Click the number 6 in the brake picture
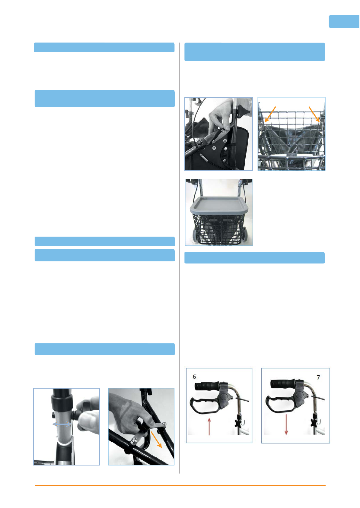[194, 377]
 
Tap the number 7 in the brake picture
[318, 377]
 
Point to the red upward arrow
[209, 427]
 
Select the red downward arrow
[286, 424]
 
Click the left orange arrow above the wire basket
[270, 114]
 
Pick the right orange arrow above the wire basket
[314, 114]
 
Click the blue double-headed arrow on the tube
[62, 424]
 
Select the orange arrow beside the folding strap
[156, 440]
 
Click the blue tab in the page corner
[344, 21]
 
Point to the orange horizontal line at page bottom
[180, 486]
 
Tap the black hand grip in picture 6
[207, 386]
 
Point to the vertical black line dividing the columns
[180, 258]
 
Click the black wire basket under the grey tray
[218, 229]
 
